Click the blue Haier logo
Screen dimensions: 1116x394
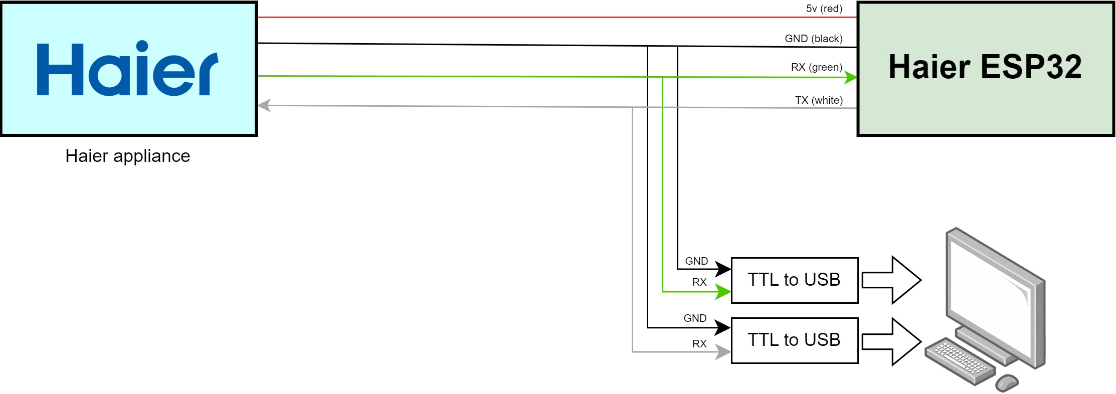127,68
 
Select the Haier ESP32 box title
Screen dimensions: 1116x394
985,67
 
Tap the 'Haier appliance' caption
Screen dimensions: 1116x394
128,156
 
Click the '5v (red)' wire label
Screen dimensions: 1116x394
824,9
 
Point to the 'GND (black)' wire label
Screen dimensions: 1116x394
814,39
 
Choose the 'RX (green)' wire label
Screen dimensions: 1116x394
817,67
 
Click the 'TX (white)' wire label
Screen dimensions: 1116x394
819,100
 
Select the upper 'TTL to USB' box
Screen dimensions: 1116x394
795,280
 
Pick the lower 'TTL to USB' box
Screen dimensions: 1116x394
795,340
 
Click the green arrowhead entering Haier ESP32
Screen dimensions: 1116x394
851,77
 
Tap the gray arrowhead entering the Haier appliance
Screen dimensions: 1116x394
264,105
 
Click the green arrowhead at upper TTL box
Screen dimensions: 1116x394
723,291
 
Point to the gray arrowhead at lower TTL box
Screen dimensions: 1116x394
723,351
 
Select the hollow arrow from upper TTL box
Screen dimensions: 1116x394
891,280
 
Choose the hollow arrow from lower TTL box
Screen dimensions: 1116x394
891,341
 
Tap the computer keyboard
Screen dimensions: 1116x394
959,360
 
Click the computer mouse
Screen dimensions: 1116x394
1007,383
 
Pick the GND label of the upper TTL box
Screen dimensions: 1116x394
696,261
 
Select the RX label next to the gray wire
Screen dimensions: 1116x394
699,344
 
